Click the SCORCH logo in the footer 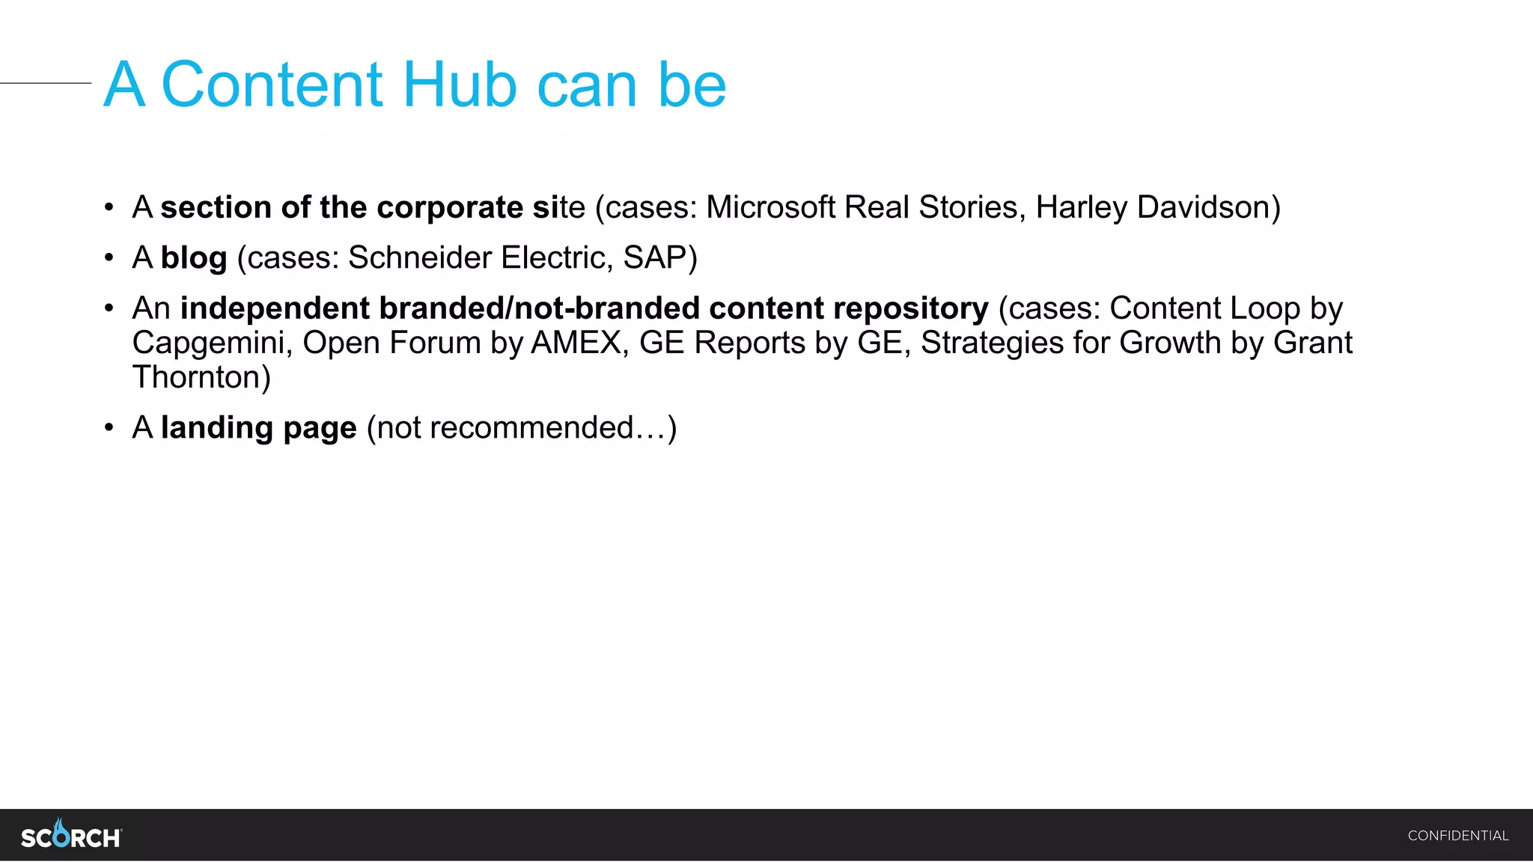(71, 835)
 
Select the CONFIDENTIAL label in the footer (1457, 836)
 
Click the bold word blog (194, 258)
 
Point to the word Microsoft (770, 207)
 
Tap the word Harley (1081, 207)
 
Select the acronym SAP (654, 258)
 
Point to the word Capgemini (212, 343)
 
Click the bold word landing (216, 428)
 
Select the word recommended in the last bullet (531, 428)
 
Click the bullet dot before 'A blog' (109, 258)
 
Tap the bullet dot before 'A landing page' (109, 428)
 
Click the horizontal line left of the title (45, 83)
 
